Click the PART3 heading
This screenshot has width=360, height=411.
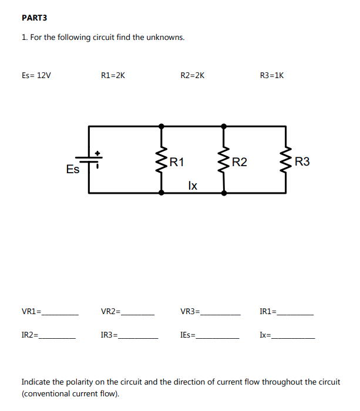point(34,18)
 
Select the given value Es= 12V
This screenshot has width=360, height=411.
point(36,75)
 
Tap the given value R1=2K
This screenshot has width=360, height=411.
point(113,75)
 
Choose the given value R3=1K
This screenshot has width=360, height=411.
point(271,75)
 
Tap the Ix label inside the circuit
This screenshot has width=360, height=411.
point(193,186)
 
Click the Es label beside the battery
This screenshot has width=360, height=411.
point(73,170)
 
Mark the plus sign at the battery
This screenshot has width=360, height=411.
point(98,153)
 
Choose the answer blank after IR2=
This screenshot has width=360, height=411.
point(58,338)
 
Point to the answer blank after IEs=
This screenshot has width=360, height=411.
point(218,338)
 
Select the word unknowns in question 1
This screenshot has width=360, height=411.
point(167,37)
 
